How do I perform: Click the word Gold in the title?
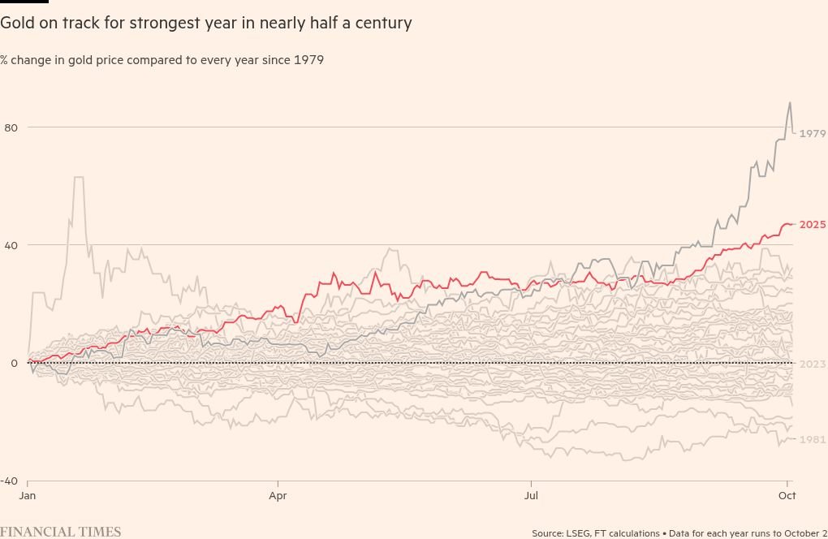[16, 24]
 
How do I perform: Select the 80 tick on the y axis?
[11, 127]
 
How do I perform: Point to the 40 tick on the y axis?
[11, 245]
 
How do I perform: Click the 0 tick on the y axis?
[14, 363]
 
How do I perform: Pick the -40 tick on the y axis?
[9, 481]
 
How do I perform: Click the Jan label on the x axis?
[28, 494]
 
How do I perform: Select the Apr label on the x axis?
[278, 494]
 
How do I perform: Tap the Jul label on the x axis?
[532, 494]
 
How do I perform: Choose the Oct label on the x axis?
[787, 494]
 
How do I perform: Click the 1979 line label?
[813, 133]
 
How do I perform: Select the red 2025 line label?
[813, 225]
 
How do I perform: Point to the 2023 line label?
[813, 364]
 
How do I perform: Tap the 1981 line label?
[813, 439]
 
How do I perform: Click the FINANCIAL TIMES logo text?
[61, 532]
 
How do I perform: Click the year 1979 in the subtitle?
[308, 60]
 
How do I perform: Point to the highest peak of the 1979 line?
[789, 103]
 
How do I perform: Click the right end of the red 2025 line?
[793, 224]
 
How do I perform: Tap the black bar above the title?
[24, 2]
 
